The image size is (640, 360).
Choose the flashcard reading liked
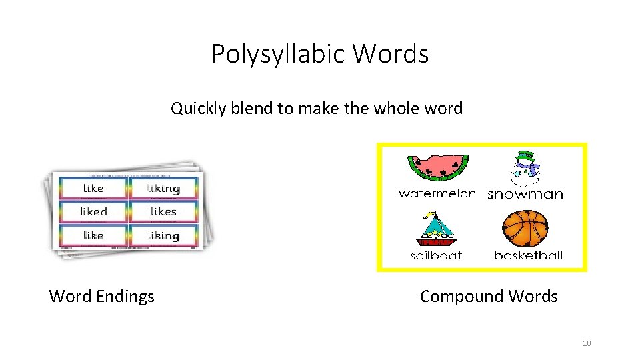[93, 212]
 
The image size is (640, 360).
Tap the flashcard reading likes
[163, 212]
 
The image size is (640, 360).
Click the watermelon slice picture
[437, 168]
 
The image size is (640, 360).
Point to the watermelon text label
[437, 193]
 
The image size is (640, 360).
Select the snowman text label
[525, 195]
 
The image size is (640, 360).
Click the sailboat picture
[435, 230]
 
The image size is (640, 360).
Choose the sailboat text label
[436, 255]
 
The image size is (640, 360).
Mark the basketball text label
[528, 255]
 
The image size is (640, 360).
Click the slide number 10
[587, 343]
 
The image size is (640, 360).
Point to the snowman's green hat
[525, 157]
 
